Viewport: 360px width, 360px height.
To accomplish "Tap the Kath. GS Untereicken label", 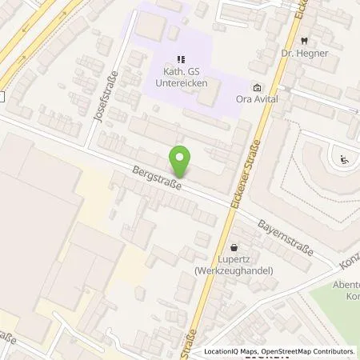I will [181, 77].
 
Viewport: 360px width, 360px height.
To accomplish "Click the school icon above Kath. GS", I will [181, 58].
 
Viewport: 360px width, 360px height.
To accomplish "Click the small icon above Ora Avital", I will [256, 87].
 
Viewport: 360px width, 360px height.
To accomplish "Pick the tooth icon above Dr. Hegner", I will [304, 40].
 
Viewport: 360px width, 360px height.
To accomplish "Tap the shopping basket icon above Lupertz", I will [234, 248].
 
